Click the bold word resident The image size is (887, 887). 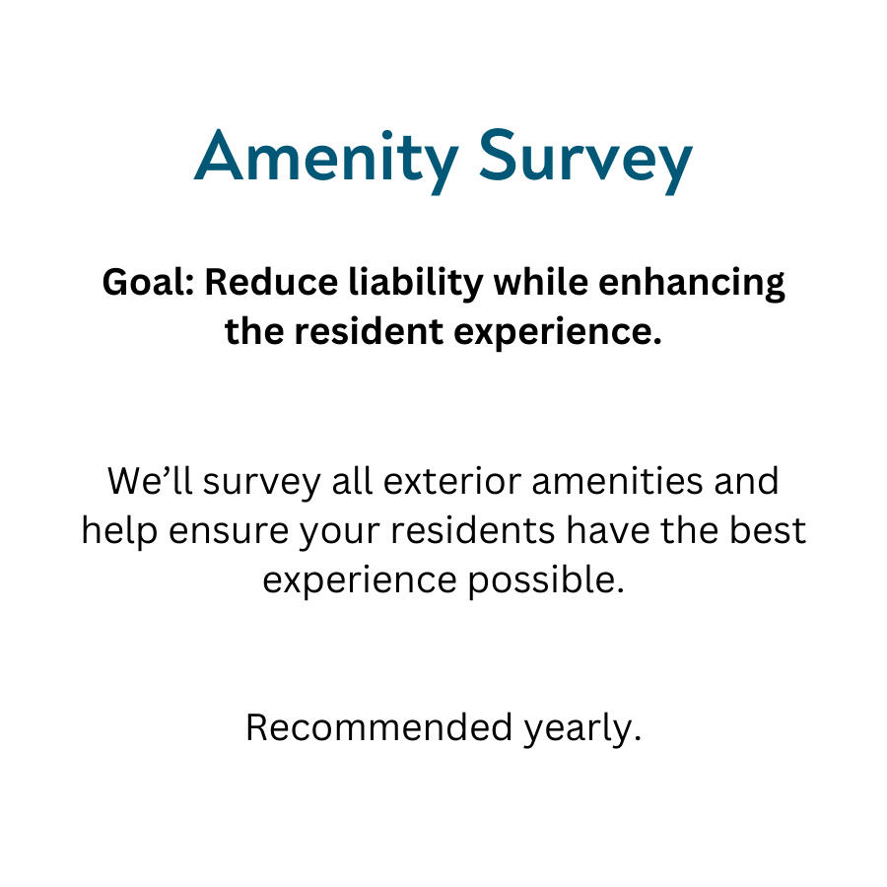(x=369, y=331)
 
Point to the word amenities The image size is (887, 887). (x=617, y=481)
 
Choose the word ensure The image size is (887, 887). (x=229, y=533)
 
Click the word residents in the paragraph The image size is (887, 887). (x=472, y=530)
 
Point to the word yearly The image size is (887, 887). (x=582, y=729)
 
